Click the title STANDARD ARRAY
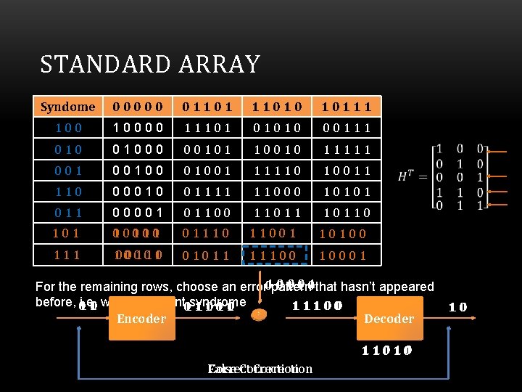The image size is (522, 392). tap(150, 65)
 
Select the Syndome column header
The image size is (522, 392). tap(67, 107)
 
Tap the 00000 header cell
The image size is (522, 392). tap(138, 107)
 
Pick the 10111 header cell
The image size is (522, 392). tap(346, 107)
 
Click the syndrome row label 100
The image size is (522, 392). tap(67, 128)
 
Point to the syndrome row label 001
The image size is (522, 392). tap(67, 171)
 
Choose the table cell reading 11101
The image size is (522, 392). tap(207, 128)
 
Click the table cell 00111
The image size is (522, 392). tap(346, 128)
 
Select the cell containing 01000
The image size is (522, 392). tap(138, 150)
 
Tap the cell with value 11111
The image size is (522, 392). tap(346, 150)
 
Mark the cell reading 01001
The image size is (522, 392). tap(207, 171)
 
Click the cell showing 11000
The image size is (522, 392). tap(277, 192)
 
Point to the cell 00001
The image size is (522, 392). tap(138, 213)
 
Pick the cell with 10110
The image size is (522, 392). tap(346, 213)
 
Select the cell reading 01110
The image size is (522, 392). tap(207, 234)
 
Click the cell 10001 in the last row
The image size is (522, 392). tap(343, 256)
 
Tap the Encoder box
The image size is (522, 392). tap(141, 319)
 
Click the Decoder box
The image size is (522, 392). tap(388, 319)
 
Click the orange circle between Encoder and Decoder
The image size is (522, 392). tap(259, 314)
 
